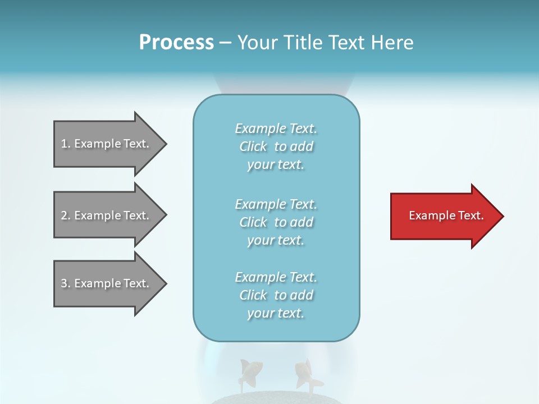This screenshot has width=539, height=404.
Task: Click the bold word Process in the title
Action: [176, 42]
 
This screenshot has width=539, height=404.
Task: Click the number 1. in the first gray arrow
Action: [66, 144]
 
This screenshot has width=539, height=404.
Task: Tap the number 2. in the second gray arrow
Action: [66, 215]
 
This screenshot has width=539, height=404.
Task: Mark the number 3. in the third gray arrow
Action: [66, 283]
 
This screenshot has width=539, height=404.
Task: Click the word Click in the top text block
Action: [253, 146]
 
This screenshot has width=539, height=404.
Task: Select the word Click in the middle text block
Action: [253, 222]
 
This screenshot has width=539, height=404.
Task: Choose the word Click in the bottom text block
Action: [253, 295]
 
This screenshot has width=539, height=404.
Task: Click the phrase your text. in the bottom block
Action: [276, 313]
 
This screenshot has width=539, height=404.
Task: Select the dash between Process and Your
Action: [226, 43]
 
